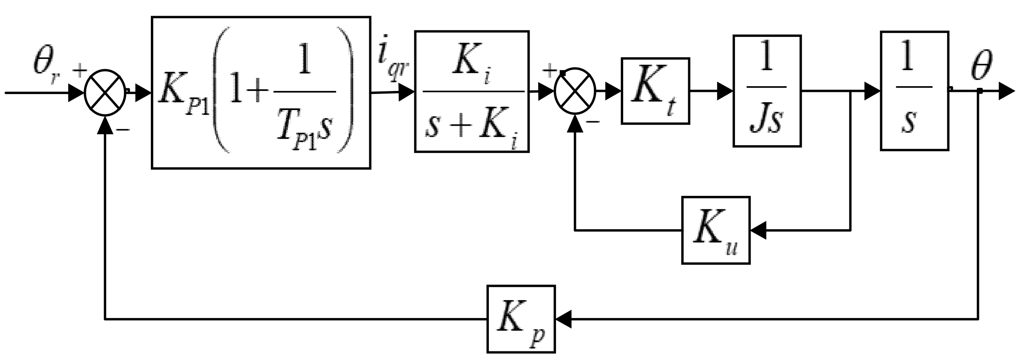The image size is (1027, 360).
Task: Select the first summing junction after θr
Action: pyautogui.click(x=105, y=92)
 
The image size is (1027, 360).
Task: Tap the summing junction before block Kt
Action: pyautogui.click(x=575, y=91)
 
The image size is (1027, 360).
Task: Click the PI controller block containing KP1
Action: pyautogui.click(x=261, y=92)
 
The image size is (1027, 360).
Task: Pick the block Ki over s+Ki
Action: pyautogui.click(x=471, y=91)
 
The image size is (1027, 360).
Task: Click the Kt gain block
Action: pyautogui.click(x=655, y=91)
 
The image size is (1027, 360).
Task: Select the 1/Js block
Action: pyautogui.click(x=767, y=91)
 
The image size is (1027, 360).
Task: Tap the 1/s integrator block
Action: pyautogui.click(x=914, y=91)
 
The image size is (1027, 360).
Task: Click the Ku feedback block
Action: pyautogui.click(x=715, y=230)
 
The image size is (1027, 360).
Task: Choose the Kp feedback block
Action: pyautogui.click(x=521, y=319)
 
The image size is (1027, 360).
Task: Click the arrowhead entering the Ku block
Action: pyautogui.click(x=758, y=230)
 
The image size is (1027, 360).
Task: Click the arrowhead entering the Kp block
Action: pyautogui.click(x=563, y=319)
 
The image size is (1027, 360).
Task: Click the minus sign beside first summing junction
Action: pyautogui.click(x=123, y=130)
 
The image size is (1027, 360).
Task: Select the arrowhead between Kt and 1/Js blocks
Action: pyautogui.click(x=725, y=91)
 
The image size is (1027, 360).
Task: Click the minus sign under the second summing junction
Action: pyautogui.click(x=593, y=122)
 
